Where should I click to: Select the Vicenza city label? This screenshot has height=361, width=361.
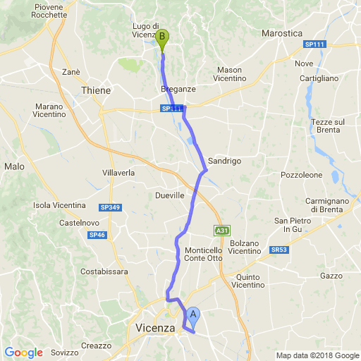154,329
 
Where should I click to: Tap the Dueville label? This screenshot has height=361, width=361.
169,195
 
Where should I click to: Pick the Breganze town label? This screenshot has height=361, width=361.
176,90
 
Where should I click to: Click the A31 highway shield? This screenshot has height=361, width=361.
222,231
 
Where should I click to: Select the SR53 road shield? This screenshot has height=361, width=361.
279,250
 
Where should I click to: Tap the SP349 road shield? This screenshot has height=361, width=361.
110,207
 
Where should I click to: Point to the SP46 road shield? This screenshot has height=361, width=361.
97,235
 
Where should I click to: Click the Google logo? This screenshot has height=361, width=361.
23,353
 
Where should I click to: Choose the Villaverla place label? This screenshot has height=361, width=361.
118,173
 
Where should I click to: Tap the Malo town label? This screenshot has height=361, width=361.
14,166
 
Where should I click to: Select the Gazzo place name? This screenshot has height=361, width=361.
331,276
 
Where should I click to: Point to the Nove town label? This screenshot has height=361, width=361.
305,63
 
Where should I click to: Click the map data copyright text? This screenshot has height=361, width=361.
317,355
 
